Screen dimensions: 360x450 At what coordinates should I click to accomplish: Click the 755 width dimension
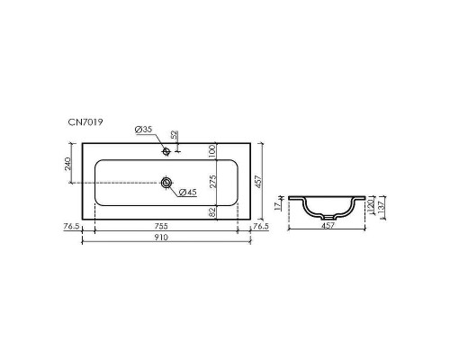166,228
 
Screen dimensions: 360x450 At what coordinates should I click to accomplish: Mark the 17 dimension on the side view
280,204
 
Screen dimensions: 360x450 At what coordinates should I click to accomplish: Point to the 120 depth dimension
370,208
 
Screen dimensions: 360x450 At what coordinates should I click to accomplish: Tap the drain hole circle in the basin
166,183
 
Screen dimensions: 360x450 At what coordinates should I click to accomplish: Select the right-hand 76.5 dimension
260,228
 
